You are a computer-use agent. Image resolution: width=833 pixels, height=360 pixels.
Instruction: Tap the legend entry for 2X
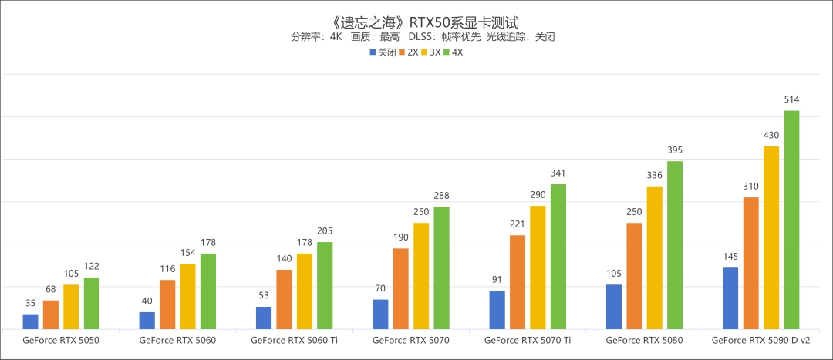tap(408, 52)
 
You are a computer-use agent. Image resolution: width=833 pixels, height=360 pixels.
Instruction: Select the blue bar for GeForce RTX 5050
tap(30, 321)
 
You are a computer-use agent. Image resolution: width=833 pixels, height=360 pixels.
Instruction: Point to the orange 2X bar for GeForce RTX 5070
tap(401, 288)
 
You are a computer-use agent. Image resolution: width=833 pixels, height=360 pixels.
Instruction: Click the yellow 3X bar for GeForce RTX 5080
tap(655, 257)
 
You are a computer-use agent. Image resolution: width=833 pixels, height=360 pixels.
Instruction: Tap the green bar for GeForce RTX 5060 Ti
tap(325, 285)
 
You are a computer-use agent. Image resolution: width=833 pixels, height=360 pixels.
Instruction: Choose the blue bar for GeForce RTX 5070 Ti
tap(497, 309)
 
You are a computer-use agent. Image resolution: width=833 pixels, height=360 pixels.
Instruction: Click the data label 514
tap(791, 99)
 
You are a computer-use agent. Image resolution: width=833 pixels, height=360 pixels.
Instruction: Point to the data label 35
tap(30, 303)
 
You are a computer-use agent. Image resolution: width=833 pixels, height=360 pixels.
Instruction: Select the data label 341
tap(558, 173)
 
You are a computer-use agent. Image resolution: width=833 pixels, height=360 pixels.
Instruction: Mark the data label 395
tap(675, 150)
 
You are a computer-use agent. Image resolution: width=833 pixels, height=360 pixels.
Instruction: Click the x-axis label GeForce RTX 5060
tap(177, 340)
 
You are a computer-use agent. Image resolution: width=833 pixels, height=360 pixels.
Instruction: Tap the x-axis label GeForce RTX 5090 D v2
tap(760, 340)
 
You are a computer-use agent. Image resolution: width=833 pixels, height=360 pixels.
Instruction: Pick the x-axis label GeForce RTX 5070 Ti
tap(528, 340)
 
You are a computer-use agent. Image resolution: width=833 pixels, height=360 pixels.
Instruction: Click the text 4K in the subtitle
tap(335, 36)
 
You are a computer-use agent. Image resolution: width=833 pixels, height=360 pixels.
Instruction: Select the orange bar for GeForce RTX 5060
tap(167, 304)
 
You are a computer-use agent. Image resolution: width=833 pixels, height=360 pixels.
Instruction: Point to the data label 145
tap(730, 256)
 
